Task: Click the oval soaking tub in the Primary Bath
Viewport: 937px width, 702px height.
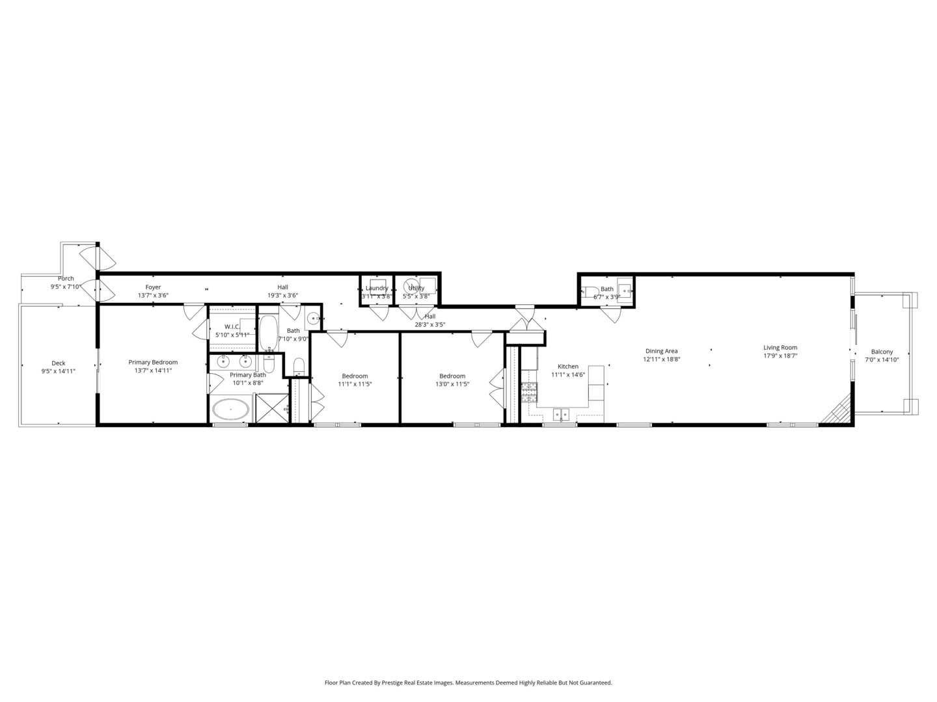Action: tap(230, 410)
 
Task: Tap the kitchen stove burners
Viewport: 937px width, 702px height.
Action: tap(529, 390)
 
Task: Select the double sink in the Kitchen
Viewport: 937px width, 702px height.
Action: tap(561, 413)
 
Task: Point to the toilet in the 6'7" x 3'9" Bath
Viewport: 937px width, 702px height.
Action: tap(591, 292)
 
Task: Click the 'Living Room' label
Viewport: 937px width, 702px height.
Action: tap(780, 348)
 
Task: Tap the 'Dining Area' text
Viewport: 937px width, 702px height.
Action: tap(661, 351)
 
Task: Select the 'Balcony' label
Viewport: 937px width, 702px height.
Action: tap(882, 352)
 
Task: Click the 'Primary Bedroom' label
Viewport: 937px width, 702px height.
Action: tap(153, 362)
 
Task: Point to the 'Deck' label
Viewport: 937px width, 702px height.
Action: tap(59, 363)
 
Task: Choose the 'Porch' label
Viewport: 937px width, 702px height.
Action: tap(66, 279)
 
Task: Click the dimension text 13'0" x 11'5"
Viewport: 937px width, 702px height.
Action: tap(452, 384)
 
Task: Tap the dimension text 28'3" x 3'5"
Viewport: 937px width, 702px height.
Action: tap(430, 325)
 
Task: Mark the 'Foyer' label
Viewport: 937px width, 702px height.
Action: tap(153, 287)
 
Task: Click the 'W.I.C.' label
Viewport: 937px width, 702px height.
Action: tap(232, 327)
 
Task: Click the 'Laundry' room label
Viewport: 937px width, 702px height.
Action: tap(377, 288)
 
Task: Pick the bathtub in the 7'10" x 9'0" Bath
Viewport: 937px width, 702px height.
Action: tap(268, 332)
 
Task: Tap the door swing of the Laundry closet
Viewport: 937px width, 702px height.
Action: tap(379, 313)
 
